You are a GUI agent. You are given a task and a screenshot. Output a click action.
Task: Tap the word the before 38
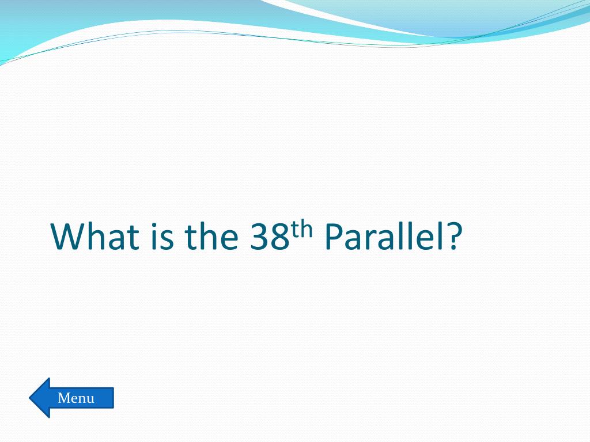(x=211, y=236)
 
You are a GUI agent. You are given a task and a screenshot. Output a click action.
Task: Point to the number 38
(x=270, y=237)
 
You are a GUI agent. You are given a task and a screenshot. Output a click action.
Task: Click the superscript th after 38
(x=302, y=230)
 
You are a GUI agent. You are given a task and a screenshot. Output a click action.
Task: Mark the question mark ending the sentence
(x=454, y=237)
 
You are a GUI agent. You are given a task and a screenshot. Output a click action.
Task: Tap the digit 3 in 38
(x=260, y=237)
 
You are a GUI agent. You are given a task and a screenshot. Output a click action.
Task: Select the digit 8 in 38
(x=280, y=237)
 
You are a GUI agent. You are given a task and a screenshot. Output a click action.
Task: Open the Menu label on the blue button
(x=76, y=398)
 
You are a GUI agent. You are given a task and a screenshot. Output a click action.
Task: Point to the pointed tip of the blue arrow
(x=29, y=398)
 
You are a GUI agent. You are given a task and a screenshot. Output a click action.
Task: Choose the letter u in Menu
(x=90, y=400)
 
